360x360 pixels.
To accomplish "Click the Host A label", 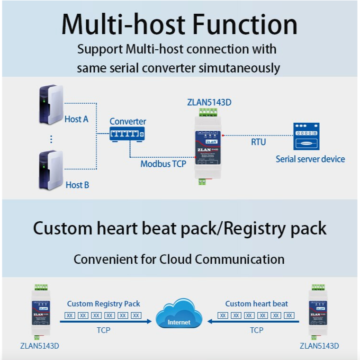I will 76,119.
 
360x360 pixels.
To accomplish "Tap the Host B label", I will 77,185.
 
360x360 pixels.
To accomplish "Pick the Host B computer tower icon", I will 51,170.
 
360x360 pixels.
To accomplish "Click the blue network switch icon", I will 126,134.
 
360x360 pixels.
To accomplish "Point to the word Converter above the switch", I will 128,122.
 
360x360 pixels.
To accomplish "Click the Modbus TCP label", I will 163,164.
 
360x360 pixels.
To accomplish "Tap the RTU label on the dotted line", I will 258,142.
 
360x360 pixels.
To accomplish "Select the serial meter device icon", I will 306,137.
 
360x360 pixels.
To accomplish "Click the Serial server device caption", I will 310,159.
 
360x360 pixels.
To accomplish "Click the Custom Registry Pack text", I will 104,304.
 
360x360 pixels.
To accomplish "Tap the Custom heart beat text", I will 256,304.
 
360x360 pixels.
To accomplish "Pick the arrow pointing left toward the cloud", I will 254,322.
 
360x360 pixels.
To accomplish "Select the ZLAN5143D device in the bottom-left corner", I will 41,312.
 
